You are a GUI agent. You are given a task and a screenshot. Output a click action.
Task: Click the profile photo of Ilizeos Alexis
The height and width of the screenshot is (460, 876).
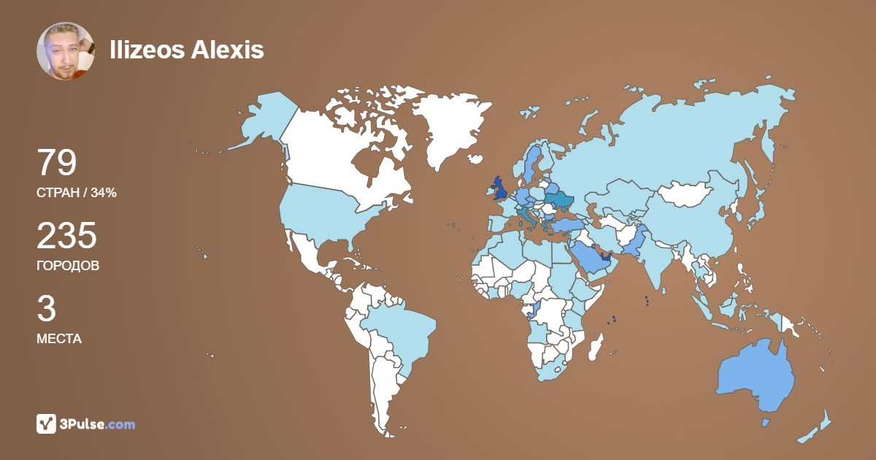pos(65,50)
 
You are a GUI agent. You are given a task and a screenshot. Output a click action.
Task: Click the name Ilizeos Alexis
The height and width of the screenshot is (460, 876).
pos(186,50)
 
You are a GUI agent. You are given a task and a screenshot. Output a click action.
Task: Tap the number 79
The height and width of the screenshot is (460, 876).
pos(56,163)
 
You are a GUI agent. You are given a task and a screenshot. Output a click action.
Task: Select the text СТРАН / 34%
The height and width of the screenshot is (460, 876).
pos(77,193)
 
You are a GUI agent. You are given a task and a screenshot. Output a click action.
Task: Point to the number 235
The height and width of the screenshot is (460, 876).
pos(66,236)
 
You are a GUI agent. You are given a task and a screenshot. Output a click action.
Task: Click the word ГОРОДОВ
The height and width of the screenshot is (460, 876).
pos(68,266)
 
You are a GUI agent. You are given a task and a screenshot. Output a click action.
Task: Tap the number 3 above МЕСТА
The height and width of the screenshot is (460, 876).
pos(46,309)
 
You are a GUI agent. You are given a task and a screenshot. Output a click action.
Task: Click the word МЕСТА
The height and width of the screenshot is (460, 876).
pos(58,339)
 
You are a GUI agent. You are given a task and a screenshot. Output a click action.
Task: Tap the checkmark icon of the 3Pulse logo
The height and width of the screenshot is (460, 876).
pos(47,423)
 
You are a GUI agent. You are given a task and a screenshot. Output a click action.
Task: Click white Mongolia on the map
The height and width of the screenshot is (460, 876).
pos(686,194)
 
